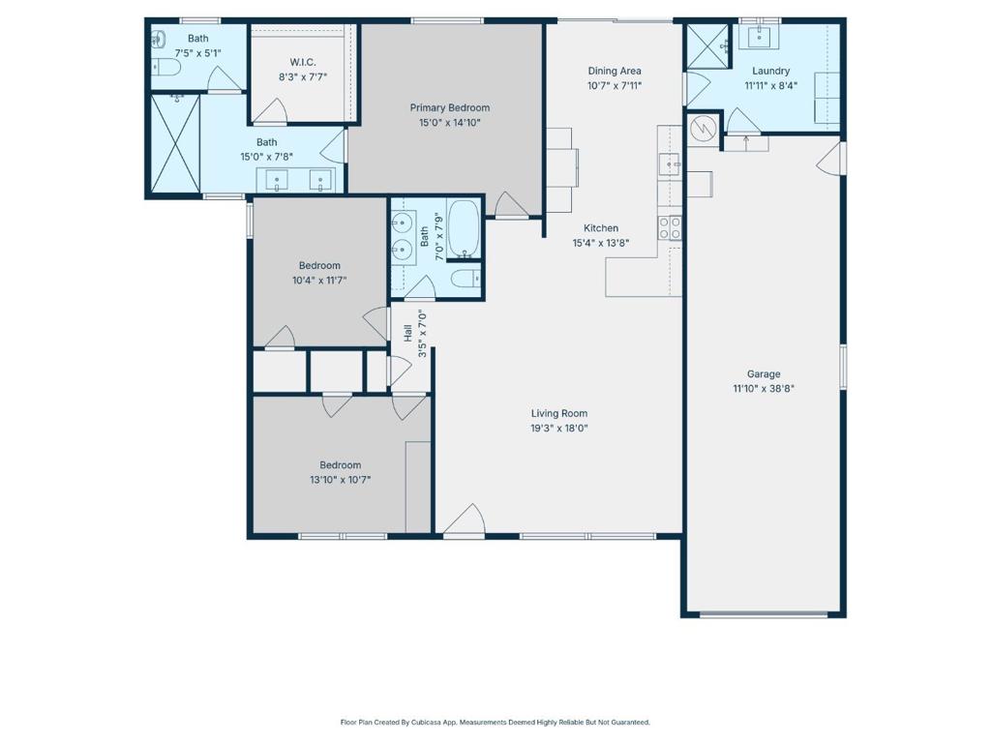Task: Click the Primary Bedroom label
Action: (449, 107)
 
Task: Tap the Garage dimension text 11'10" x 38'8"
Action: (764, 389)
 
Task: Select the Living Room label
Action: (559, 413)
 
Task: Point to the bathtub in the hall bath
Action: (465, 229)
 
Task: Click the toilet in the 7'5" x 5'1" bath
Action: (166, 67)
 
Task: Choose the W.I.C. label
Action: (303, 62)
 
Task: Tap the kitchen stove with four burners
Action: (670, 228)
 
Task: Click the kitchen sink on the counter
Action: (670, 164)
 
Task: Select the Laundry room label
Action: (770, 71)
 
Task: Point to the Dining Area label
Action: (615, 71)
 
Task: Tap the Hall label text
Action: (407, 333)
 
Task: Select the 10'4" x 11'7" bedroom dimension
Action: (319, 280)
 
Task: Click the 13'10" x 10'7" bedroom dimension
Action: (340, 480)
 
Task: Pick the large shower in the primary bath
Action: (176, 143)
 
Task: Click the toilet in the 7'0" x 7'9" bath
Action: (466, 278)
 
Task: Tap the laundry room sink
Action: (759, 37)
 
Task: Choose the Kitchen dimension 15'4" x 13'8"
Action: (600, 243)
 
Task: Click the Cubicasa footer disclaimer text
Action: (495, 722)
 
